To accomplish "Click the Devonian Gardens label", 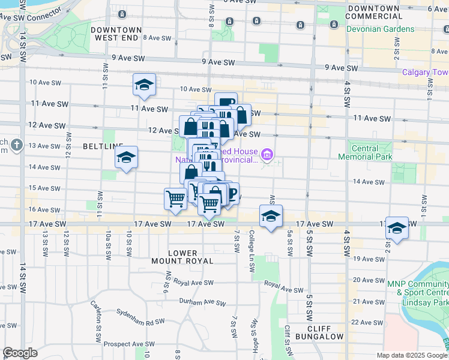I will (x=379, y=29).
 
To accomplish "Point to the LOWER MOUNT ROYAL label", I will (x=191, y=257).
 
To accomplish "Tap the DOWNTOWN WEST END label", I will (x=116, y=34).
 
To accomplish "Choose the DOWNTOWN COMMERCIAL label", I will (x=373, y=11).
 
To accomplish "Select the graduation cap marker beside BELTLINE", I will (x=126, y=158).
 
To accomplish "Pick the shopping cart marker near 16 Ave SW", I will (x=175, y=197).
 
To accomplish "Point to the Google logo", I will (x=20, y=353).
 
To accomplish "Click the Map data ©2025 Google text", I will (x=412, y=355).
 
